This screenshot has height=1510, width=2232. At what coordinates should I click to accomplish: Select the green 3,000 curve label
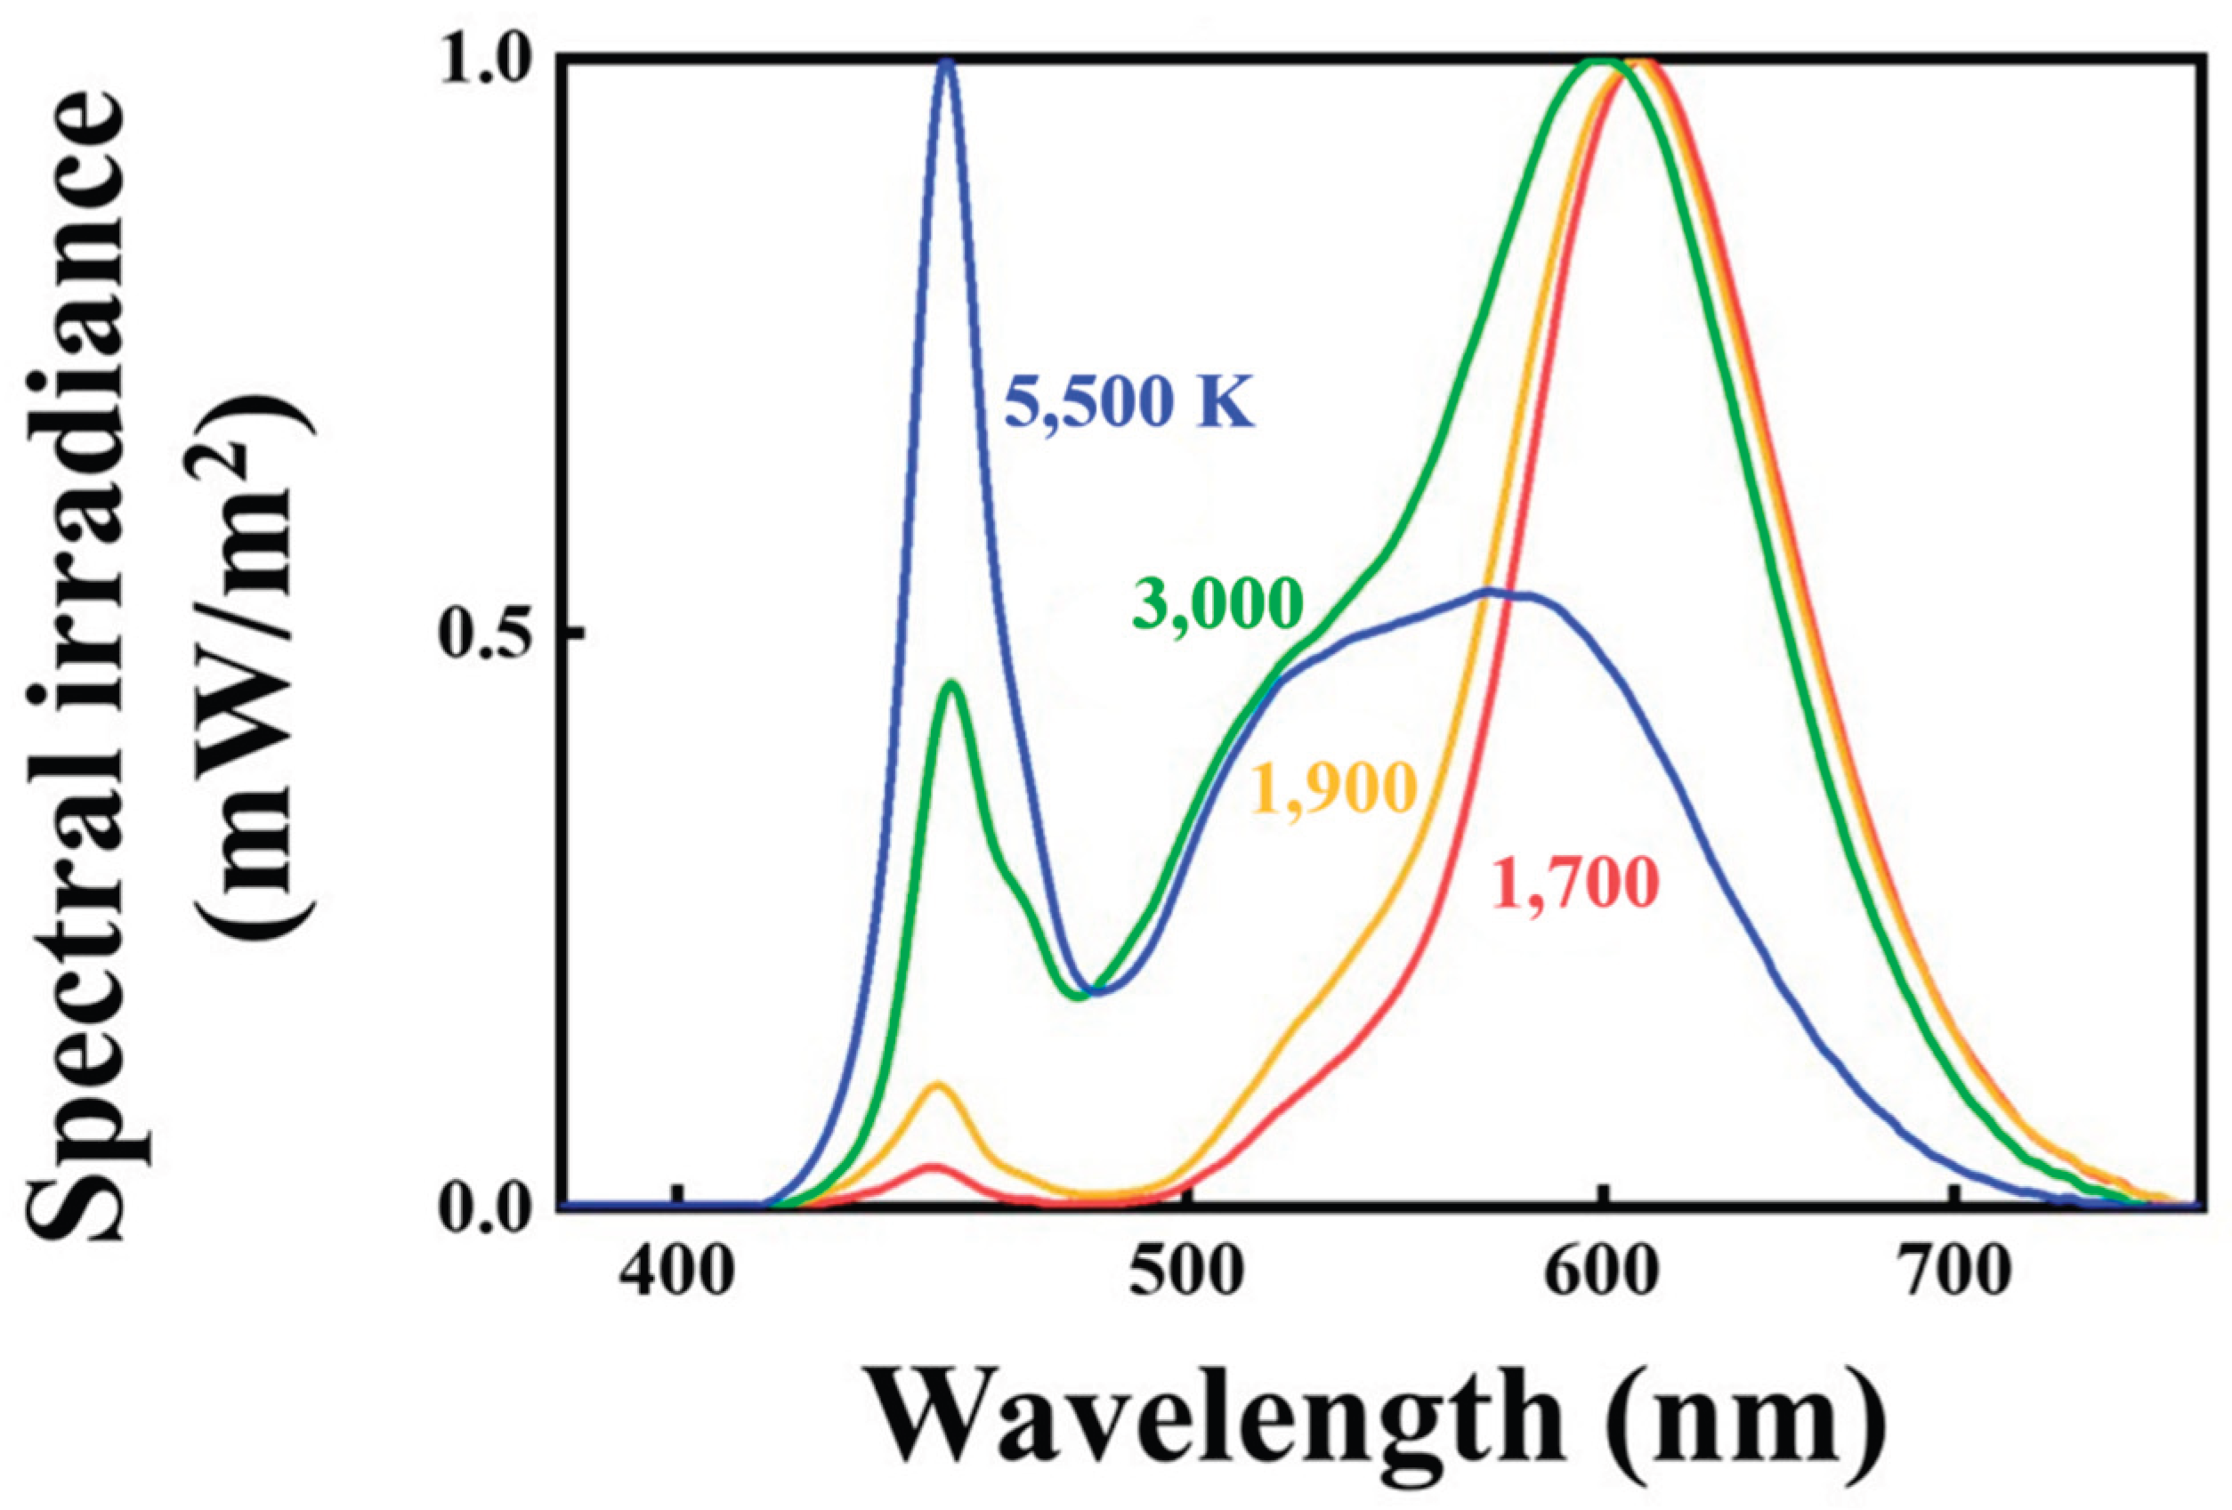point(1217,603)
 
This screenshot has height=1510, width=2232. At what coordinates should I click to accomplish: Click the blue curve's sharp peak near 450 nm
point(947,61)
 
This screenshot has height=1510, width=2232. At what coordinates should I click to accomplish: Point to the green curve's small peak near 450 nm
point(951,684)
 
